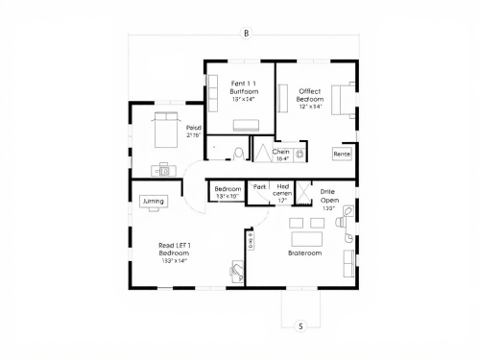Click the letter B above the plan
coord(246,34)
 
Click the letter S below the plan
coord(300,325)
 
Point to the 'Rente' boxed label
coord(342,154)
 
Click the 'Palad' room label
coord(194,132)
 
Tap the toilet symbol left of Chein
coord(238,153)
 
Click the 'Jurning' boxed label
coord(154,202)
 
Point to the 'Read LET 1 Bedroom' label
coord(175,252)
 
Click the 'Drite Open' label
coord(328,197)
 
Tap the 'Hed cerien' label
coord(282,193)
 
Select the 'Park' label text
coord(259,186)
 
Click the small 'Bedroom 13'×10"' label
coord(228,192)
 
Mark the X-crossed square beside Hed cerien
coord(302,192)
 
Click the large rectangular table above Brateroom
coord(309,237)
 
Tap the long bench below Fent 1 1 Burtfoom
coord(247,124)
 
